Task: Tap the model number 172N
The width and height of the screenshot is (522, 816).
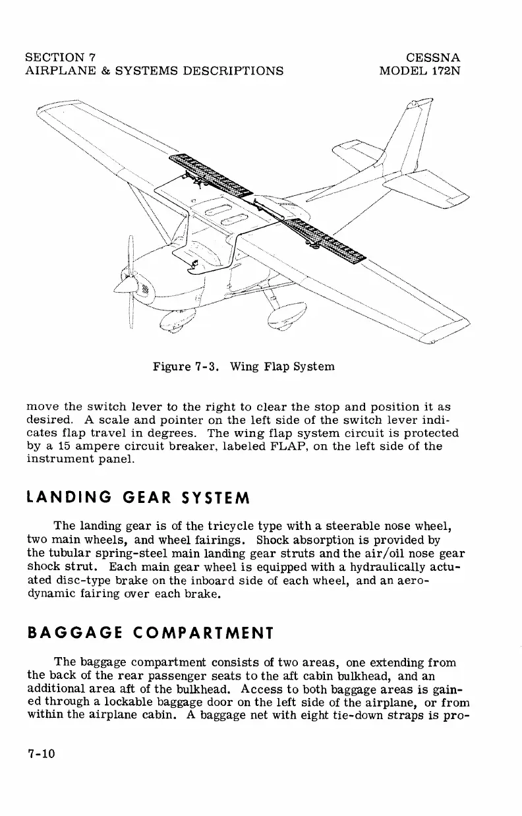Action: click(444, 71)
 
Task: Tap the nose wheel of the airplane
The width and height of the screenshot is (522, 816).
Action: click(175, 324)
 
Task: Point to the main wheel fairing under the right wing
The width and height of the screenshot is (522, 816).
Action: click(288, 314)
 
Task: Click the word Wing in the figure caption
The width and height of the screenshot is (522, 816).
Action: click(242, 366)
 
